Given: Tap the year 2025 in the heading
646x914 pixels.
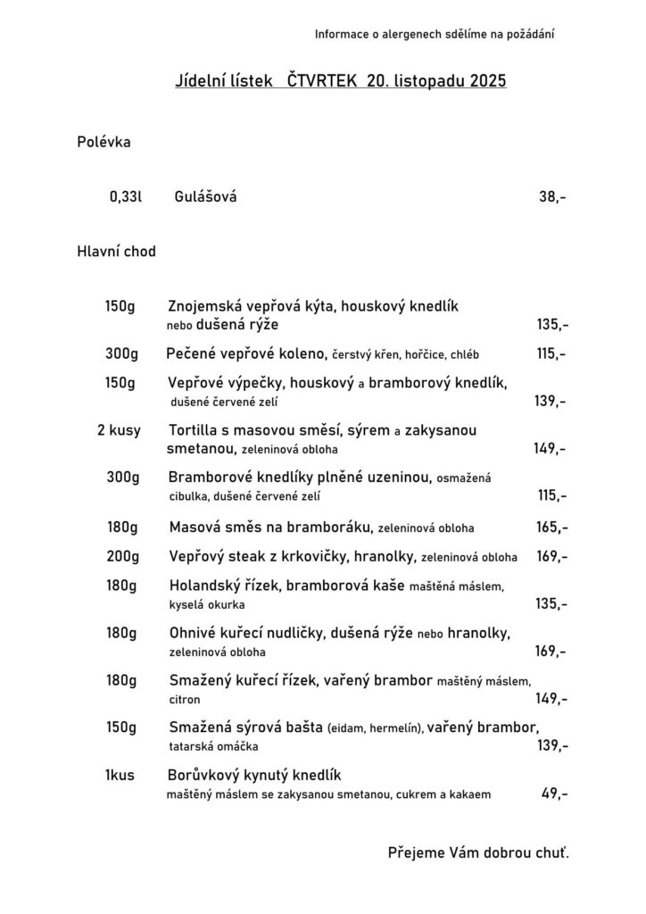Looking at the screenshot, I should [x=485, y=81].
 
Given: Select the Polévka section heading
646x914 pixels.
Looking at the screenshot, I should [x=104, y=141].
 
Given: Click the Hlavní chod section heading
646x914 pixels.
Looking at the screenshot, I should [x=116, y=252].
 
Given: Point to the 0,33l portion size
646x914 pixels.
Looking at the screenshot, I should [x=126, y=196].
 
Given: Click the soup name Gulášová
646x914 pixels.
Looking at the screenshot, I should [x=206, y=196].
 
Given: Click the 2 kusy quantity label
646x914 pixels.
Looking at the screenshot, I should [x=119, y=430].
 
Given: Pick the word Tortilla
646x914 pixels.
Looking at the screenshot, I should [x=193, y=430].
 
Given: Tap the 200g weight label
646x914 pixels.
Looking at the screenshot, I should [x=123, y=556].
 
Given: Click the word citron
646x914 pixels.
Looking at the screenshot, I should [x=184, y=700].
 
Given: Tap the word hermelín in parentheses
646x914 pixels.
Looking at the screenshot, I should [x=395, y=728].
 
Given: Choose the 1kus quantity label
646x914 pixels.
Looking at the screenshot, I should [x=119, y=775].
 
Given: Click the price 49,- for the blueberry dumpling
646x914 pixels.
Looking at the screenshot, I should [x=554, y=793].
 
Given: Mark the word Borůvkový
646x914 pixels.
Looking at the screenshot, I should [x=207, y=775].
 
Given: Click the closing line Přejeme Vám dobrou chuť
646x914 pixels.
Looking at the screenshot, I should [x=478, y=852].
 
